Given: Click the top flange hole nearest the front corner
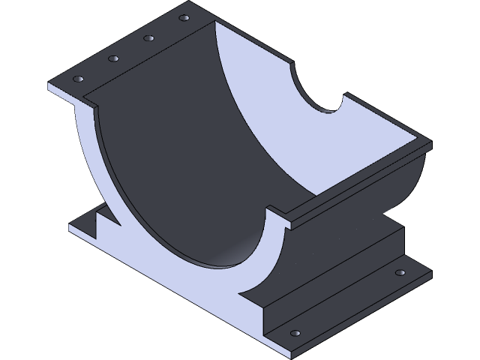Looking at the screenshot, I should point(77,78).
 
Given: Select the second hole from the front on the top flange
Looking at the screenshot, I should point(113,58).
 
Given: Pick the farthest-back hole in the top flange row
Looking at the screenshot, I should point(184,16).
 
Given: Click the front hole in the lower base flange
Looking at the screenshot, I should point(295,332).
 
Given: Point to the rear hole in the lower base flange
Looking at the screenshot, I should point(400,272).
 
